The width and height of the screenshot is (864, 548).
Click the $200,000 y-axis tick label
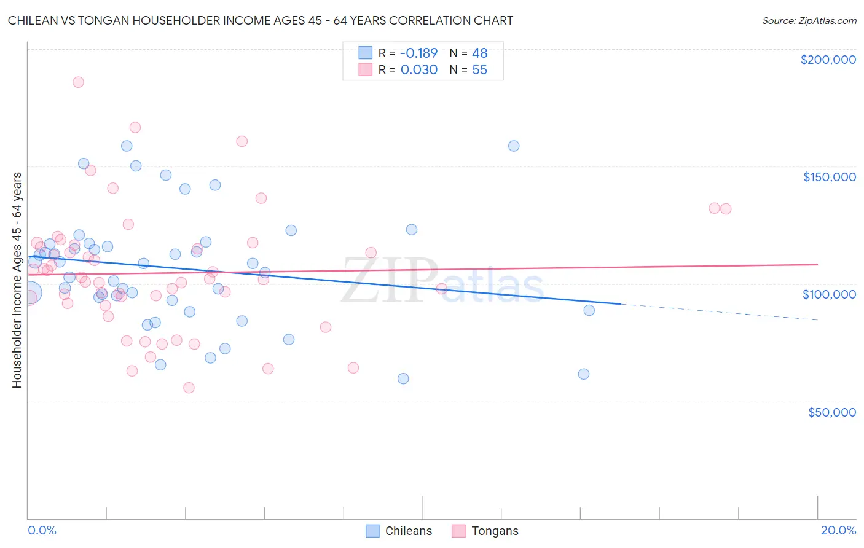point(828,60)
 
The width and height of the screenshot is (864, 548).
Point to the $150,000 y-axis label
point(829,177)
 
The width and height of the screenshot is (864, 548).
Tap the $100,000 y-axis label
point(829,294)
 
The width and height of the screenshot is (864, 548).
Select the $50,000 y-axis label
point(831,412)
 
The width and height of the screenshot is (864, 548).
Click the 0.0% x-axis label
point(42,530)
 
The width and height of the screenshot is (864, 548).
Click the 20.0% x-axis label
point(838,530)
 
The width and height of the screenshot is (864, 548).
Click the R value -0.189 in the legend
point(418,53)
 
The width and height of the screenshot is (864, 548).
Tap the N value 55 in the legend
point(479,70)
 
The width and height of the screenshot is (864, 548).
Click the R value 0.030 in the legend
point(418,70)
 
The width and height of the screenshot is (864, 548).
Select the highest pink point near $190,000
point(78,82)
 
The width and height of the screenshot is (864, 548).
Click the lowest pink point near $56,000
point(189,388)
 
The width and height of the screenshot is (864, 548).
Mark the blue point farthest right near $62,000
point(584,374)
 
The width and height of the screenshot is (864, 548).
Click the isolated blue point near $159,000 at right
point(514,146)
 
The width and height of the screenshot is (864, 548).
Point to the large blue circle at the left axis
point(30,293)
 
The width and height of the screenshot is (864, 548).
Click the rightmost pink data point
point(726,209)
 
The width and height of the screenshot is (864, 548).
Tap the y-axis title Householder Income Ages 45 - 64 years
point(17,280)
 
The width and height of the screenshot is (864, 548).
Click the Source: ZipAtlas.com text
point(809,21)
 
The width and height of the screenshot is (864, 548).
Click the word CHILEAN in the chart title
point(31,21)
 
